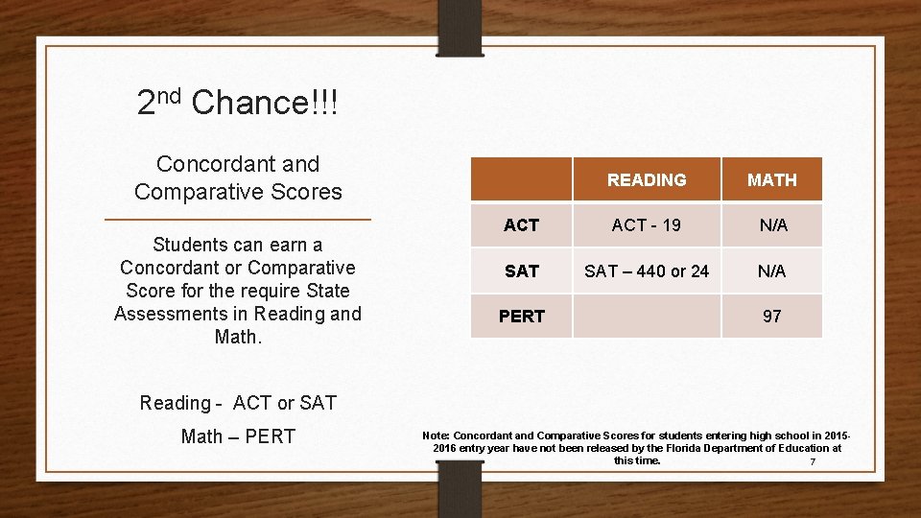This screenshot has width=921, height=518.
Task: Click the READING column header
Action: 647,180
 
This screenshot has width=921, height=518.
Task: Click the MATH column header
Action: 771,180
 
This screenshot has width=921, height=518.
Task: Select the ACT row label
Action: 521,225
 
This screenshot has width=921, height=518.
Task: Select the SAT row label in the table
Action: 521,271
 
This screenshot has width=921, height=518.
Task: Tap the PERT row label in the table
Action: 521,317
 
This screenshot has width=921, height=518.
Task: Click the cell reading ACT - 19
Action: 647,225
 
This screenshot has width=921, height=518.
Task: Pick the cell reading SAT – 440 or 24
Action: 647,271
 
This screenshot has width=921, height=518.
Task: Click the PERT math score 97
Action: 771,317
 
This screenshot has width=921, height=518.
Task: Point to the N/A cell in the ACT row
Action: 772,225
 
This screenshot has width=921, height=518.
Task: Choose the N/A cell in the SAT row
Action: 772,271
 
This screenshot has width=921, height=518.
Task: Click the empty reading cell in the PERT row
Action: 647,317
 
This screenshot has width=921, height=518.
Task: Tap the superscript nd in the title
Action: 169,94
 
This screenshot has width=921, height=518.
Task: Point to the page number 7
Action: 813,462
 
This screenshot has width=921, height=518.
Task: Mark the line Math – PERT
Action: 238,436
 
